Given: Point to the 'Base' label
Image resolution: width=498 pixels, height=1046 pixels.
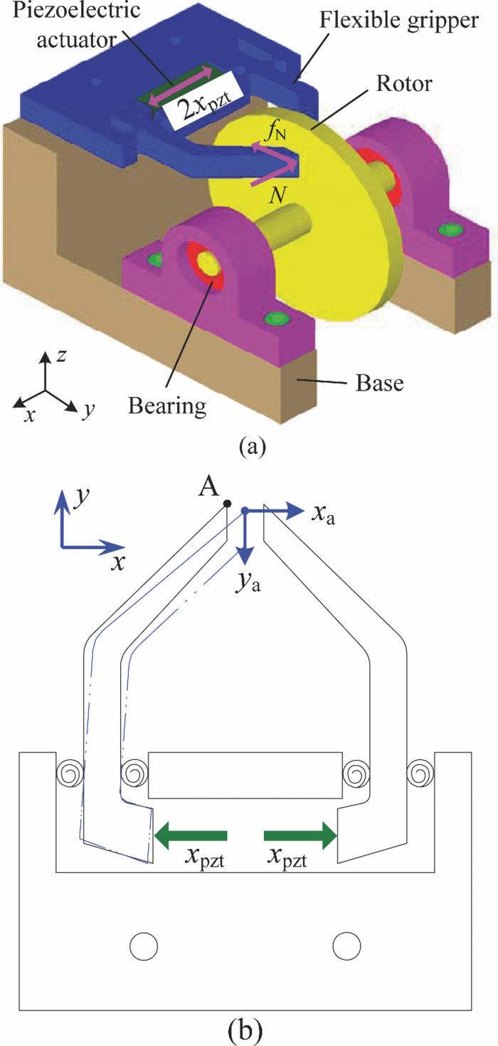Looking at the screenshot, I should tap(378, 384).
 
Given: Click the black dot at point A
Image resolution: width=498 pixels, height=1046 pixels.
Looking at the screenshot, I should tap(227, 504).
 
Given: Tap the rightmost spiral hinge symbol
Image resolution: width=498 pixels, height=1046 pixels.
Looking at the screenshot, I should tap(420, 771).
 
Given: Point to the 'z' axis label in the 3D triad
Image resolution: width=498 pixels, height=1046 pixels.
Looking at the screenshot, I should tap(61, 356).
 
